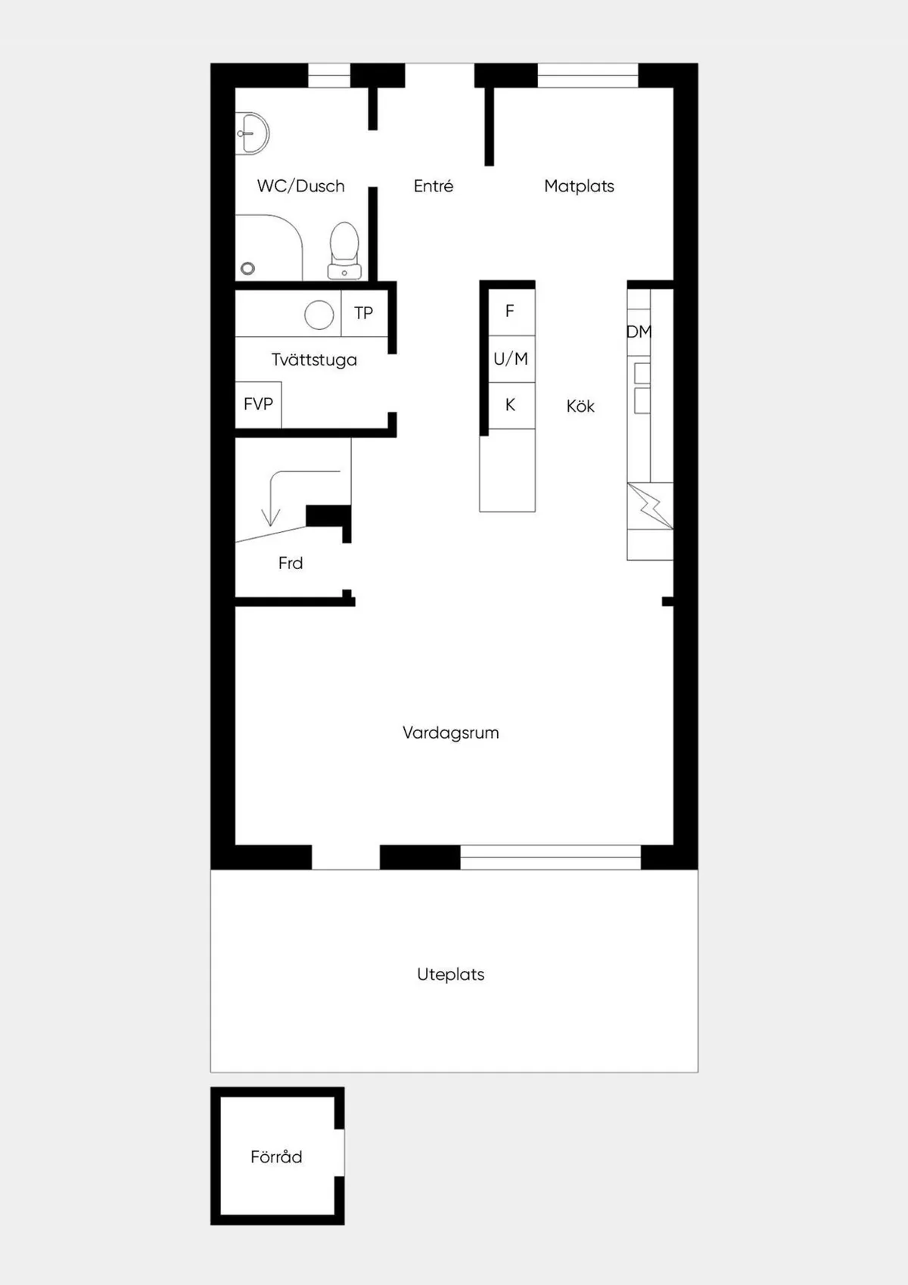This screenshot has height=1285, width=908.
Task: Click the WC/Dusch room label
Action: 300,186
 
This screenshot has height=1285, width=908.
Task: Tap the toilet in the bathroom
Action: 344,250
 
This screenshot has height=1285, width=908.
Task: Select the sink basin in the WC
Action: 253,134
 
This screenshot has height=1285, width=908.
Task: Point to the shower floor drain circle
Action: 247,268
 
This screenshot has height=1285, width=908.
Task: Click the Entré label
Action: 433,186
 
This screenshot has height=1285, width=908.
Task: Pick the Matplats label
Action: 579,186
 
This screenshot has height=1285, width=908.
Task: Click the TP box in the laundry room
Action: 364,313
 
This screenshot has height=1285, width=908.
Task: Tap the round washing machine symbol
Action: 319,315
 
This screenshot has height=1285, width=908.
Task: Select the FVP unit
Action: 258,404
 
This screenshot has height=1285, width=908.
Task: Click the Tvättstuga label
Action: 314,360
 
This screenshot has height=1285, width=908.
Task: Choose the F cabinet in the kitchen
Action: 510,311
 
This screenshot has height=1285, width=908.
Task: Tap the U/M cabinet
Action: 511,359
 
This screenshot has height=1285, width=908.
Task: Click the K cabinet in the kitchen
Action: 510,406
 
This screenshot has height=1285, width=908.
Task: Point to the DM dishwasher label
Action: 639,331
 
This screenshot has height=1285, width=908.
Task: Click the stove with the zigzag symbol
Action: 650,506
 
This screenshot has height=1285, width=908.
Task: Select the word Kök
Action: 580,406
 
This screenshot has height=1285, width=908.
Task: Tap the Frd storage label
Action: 291,563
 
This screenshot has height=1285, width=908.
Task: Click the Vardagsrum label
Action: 450,733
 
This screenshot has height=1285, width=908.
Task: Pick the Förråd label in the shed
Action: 276,1157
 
